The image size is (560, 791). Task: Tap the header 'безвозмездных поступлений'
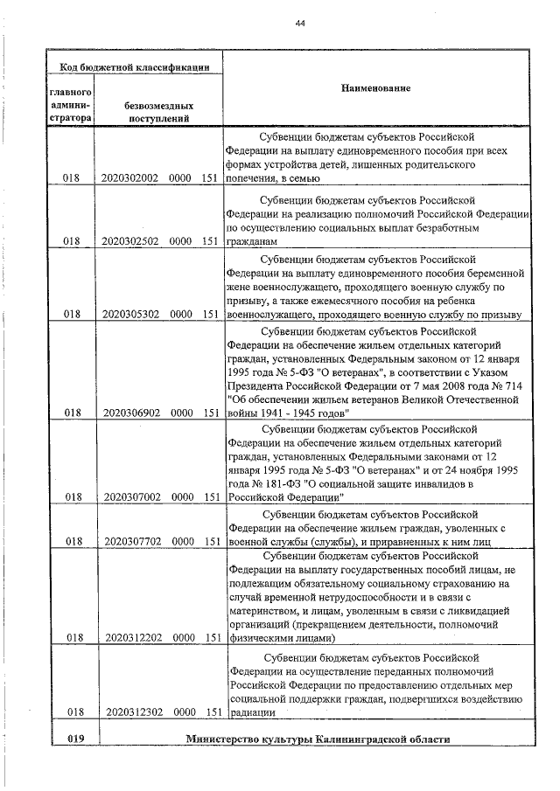(159, 109)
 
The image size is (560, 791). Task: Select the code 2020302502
(129, 241)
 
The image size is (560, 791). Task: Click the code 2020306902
(129, 412)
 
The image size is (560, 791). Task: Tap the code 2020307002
(129, 497)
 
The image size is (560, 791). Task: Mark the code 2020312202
(129, 638)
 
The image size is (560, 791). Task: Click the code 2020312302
(129, 712)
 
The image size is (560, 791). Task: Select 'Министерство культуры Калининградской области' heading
(318, 739)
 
